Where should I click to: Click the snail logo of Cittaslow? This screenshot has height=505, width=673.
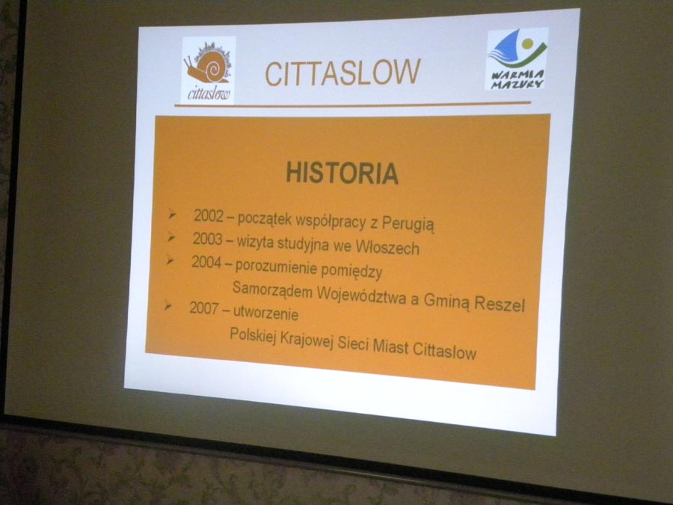click(208, 70)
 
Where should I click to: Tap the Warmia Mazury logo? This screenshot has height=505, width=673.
click(517, 59)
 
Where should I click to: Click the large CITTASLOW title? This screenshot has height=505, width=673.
click(342, 72)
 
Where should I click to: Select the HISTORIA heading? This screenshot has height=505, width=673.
click(342, 173)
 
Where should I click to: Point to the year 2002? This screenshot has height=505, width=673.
click(209, 215)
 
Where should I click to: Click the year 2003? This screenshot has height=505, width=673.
click(207, 239)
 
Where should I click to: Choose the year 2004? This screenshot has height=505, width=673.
click(206, 262)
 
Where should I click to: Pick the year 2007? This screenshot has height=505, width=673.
click(204, 307)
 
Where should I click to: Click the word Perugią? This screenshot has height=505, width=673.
click(408, 224)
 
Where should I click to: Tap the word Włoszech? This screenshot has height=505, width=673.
click(387, 247)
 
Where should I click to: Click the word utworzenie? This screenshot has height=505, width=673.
click(265, 313)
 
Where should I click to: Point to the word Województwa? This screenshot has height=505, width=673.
click(361, 295)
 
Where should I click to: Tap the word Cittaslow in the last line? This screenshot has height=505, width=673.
click(444, 350)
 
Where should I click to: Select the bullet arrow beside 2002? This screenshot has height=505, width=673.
click(172, 213)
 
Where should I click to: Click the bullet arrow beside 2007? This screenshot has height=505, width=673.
click(168, 306)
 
